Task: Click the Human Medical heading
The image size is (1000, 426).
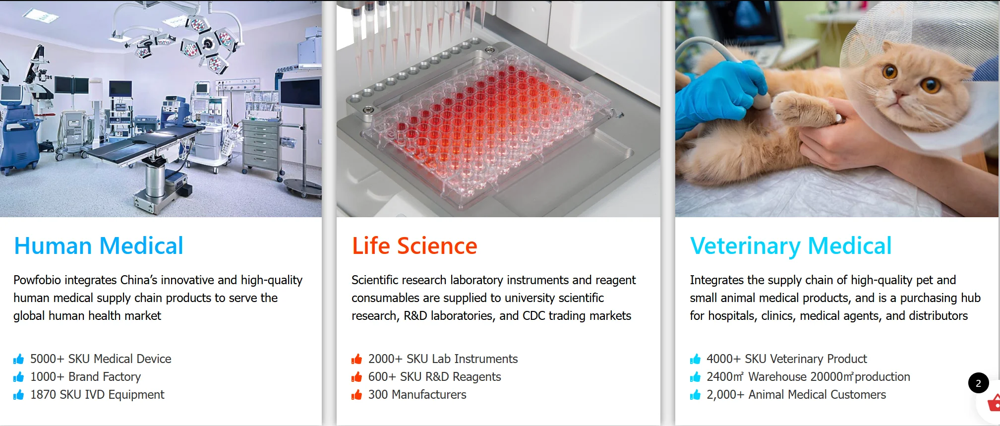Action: (99, 246)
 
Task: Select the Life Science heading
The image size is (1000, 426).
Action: (414, 246)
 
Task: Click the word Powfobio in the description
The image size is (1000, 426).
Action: (37, 280)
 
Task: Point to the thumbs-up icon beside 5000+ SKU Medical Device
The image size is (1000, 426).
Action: (19, 359)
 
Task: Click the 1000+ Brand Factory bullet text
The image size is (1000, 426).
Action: (85, 377)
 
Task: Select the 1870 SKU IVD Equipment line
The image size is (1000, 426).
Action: (97, 395)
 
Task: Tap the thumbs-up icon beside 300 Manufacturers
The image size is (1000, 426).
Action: (356, 395)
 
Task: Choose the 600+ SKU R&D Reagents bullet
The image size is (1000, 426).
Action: (434, 377)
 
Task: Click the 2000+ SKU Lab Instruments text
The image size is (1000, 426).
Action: (443, 359)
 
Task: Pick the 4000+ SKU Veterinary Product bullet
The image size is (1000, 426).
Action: (786, 359)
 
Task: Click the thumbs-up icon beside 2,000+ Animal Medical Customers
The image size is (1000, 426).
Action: (695, 395)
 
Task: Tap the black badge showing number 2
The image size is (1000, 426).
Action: (978, 383)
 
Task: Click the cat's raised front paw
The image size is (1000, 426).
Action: (800, 109)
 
